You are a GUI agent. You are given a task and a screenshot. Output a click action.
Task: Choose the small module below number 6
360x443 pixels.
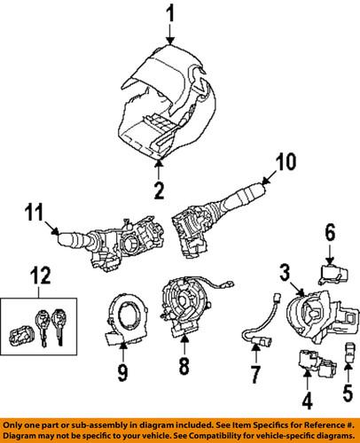click(331, 266)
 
